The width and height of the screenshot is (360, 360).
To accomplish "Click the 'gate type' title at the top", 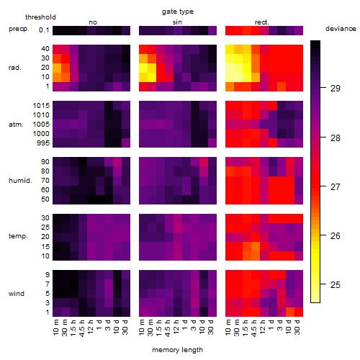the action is pos(178,12).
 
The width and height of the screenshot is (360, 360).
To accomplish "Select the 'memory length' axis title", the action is pos(177,350).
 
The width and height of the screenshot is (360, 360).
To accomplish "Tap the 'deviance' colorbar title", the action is pos(341,29).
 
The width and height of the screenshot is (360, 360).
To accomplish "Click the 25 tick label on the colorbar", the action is pos(336,285).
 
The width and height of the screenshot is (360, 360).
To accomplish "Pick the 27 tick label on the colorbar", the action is pos(336,186).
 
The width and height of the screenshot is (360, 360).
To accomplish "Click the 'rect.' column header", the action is pos(262,22).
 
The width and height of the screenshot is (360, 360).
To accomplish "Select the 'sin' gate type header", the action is pos(177,22).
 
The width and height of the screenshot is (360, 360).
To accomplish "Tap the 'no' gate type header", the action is pos(93,22).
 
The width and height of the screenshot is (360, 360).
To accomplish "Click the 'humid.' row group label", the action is pos(20,181).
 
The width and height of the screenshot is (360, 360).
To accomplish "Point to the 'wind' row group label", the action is pos(17,294).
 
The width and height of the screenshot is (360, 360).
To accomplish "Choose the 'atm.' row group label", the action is pos(16,125).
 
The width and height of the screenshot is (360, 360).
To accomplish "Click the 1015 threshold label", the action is pos(41,106).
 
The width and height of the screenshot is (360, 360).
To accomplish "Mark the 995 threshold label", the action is pos(43,143).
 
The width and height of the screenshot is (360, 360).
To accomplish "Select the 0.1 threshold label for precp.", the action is pos(44,30).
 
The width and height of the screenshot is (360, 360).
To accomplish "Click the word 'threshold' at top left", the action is pos(40,17).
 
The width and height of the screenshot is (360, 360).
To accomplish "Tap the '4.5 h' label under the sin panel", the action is pos(168,328).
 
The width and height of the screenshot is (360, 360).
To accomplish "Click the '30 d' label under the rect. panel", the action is pos(297,328).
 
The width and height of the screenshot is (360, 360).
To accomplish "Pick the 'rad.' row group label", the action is pos(15,68).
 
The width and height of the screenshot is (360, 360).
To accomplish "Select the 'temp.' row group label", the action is pos(18,236).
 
